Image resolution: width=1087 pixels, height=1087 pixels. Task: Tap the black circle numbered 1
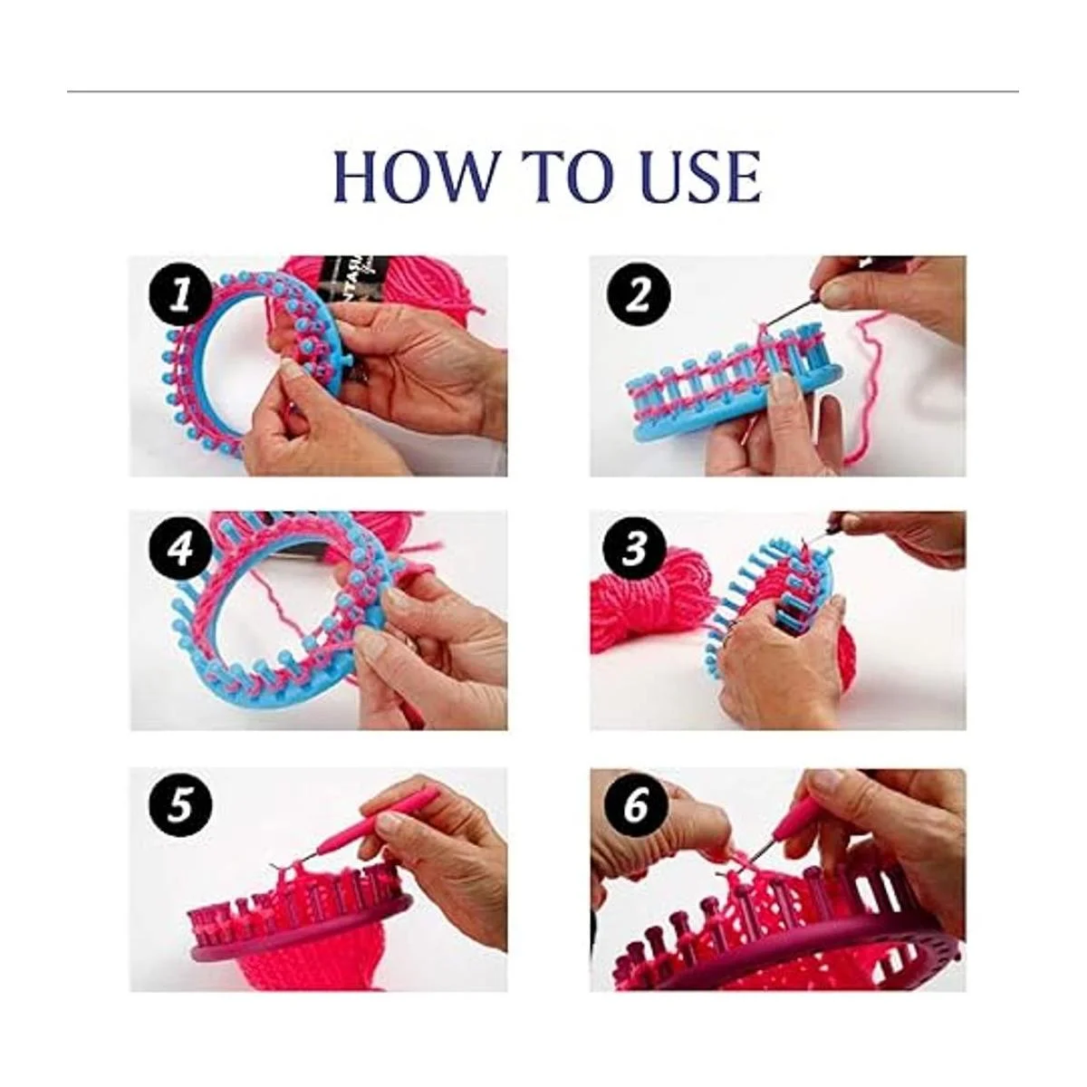(180, 295)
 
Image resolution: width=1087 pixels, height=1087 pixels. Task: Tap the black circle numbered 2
(638, 295)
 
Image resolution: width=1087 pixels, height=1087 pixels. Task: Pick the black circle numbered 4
(180, 550)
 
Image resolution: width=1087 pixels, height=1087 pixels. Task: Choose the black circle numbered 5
(180, 808)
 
